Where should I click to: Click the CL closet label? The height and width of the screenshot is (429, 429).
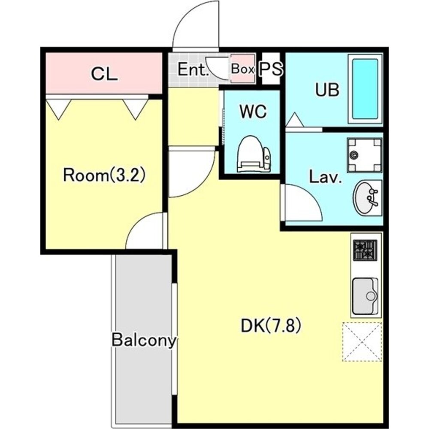pos(105,74)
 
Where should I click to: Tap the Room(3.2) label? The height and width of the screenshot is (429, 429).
pos(104,175)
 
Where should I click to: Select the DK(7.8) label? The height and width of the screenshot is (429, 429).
pos(271,326)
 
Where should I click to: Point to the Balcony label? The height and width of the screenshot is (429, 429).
pos(144,341)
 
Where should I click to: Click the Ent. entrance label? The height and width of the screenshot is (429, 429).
pos(193,69)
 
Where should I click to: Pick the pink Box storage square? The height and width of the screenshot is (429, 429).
pos(242,69)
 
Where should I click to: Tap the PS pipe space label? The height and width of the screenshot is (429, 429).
pos(271,69)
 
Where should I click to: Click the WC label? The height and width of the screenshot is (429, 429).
pos(253,112)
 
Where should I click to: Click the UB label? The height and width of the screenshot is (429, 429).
pos(327,90)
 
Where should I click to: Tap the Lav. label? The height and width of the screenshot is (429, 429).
pos(326,177)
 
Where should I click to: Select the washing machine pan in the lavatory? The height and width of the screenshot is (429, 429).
pos(364,155)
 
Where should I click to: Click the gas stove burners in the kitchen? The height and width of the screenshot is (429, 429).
pos(365,250)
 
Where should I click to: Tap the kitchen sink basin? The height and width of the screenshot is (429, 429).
pos(365,296)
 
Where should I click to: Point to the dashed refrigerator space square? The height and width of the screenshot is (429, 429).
pos(362,342)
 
